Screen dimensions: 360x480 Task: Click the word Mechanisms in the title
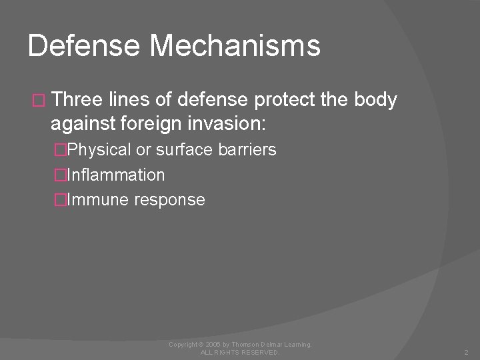(x=235, y=46)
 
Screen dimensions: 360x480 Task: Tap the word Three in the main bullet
(x=75, y=100)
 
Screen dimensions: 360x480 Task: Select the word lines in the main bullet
(x=127, y=100)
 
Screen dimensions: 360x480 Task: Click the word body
(x=377, y=101)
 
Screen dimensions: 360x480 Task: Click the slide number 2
(x=465, y=351)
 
